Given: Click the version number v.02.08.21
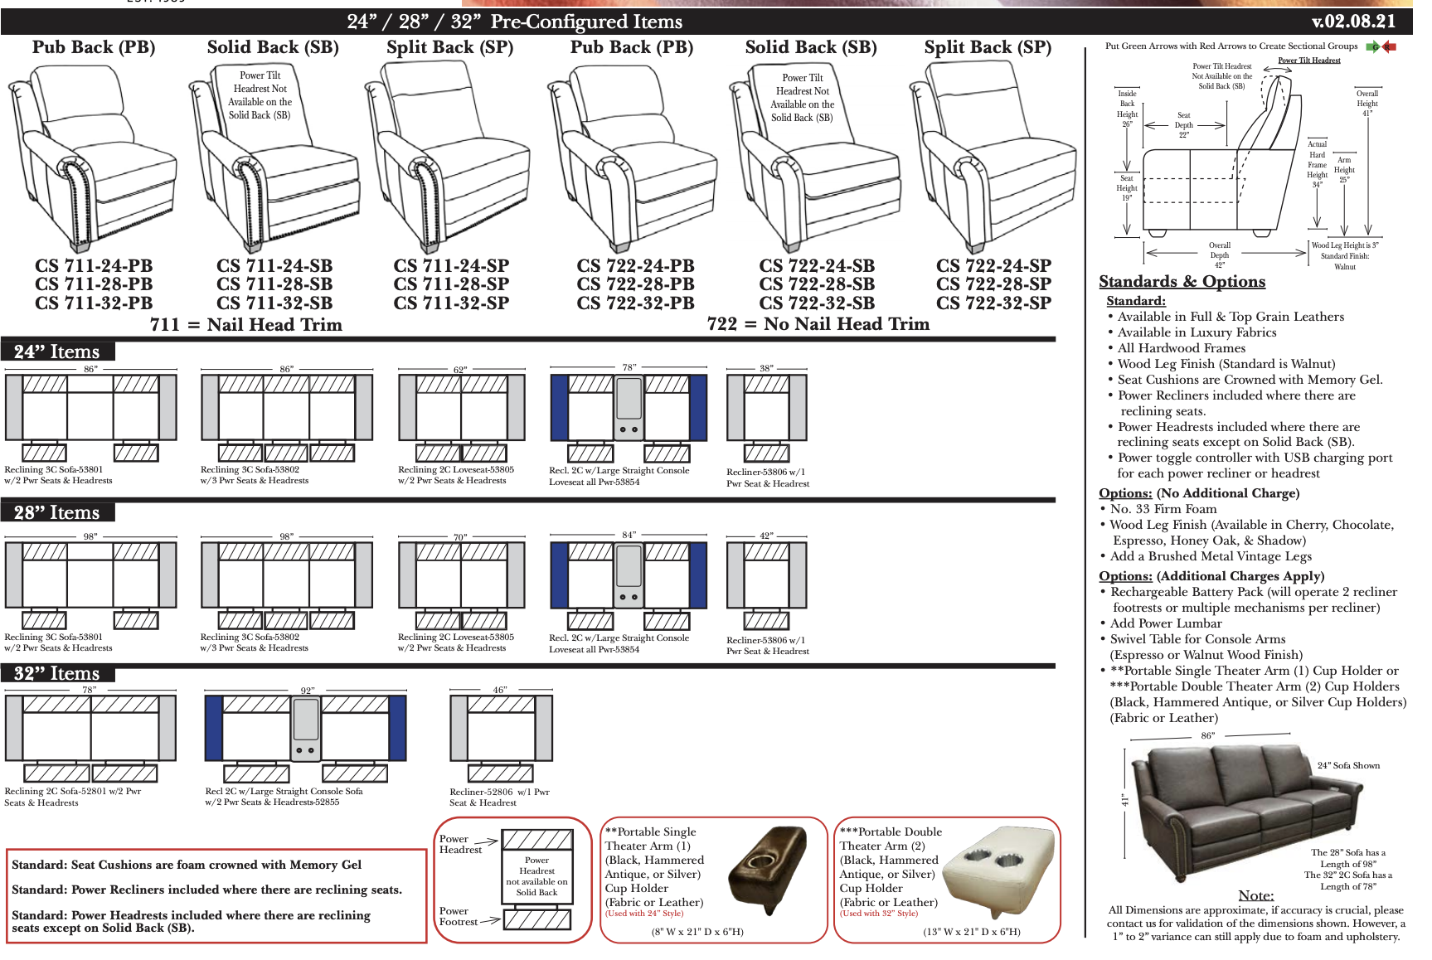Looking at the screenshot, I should click(x=1353, y=21).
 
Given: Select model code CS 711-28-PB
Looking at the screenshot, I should click(x=94, y=284).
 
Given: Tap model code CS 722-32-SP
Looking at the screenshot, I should click(x=993, y=303).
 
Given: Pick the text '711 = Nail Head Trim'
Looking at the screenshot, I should click(x=245, y=325).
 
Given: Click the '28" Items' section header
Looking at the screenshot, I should click(x=56, y=512).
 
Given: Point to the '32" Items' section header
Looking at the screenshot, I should click(x=56, y=673).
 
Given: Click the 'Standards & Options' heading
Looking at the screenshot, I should click(x=1182, y=282).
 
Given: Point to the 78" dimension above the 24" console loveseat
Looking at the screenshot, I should click(x=629, y=366).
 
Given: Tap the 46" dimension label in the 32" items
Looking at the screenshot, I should click(x=500, y=690).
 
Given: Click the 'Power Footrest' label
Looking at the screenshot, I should click(x=459, y=916).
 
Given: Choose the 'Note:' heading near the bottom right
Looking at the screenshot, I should click(x=1255, y=895).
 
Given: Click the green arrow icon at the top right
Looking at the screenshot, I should click(x=1373, y=46).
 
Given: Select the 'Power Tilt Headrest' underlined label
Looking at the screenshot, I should click(x=1308, y=61).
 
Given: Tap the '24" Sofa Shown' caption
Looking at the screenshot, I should click(x=1348, y=765).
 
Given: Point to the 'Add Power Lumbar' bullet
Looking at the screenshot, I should click(x=1166, y=623).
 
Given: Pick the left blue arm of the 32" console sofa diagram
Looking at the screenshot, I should click(x=214, y=728).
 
